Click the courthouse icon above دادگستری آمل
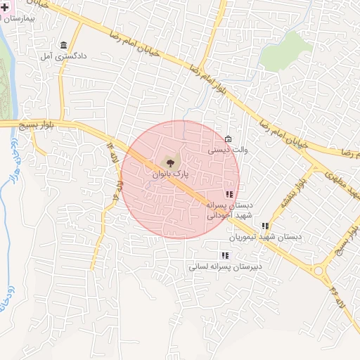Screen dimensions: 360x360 click(x=64, y=44)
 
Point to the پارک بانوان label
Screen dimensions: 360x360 click(x=170, y=172)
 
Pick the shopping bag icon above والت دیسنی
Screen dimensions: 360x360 click(x=228, y=139)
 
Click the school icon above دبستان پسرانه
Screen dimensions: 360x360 click(x=229, y=194)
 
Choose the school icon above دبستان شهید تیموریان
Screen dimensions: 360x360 click(x=265, y=226)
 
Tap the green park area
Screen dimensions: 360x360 click(x=295, y=46)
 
